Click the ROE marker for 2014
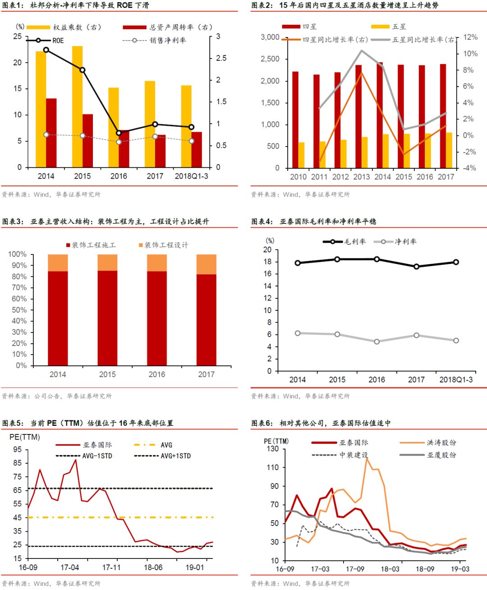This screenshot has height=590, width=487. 46,50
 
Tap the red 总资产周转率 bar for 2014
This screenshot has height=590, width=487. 51,133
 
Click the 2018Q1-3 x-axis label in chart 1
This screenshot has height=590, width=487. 191,176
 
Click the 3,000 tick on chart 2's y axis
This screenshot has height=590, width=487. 270,37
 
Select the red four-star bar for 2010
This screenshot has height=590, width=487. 295,120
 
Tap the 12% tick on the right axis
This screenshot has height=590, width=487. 470,37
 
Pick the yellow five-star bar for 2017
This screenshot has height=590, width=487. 449,150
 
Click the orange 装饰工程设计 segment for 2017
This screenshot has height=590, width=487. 206,264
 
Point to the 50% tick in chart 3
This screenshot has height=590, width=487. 18,310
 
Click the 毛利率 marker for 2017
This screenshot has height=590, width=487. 416,267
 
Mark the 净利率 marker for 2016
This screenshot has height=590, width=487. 377,341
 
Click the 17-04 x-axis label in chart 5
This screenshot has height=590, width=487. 69,567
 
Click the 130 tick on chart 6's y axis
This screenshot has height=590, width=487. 273,449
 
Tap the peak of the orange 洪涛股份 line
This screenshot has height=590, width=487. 367,458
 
